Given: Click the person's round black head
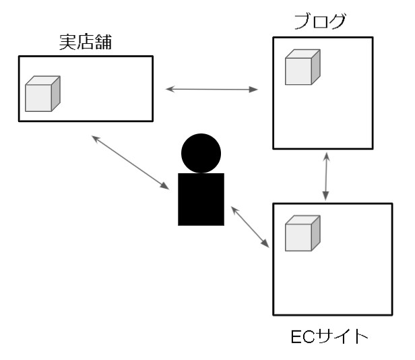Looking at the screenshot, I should [201, 153].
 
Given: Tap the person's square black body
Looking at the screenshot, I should [201, 199].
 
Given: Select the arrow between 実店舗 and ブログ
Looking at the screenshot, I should [213, 89].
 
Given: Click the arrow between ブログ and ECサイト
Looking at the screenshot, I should [327, 175].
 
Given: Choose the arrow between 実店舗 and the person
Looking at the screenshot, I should [130, 162].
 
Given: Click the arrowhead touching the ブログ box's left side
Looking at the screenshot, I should [256, 89].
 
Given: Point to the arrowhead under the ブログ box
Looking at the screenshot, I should [327, 155].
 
